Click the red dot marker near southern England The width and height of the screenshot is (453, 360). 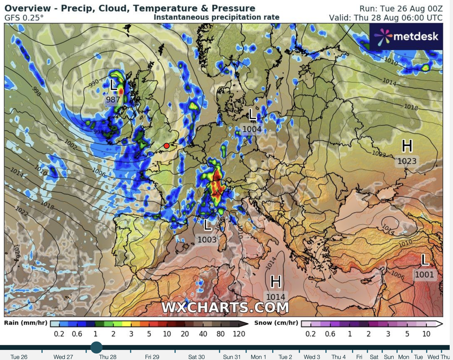(x=166, y=146)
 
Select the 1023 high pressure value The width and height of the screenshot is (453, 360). (x=407, y=161)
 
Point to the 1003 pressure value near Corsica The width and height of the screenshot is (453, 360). (x=207, y=239)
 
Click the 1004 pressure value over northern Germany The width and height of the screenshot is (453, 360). (x=252, y=129)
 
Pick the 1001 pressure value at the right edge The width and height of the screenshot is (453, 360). (x=424, y=275)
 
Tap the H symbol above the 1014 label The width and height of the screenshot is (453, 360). (x=276, y=281)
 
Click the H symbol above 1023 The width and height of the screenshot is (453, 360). (x=407, y=146)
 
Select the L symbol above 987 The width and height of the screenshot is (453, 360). (x=114, y=85)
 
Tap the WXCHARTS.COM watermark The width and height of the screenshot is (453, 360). (x=225, y=307)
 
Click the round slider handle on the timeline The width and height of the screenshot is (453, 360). (x=96, y=347)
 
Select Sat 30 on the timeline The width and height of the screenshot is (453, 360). (x=195, y=357)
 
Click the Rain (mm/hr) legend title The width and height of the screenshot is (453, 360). (x=26, y=323)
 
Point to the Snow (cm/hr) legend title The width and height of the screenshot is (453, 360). (x=276, y=323)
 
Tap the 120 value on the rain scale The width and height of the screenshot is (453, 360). (x=239, y=334)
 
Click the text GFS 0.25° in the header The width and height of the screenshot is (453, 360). (x=24, y=18)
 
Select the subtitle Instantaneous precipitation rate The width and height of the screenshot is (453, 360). (x=216, y=17)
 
